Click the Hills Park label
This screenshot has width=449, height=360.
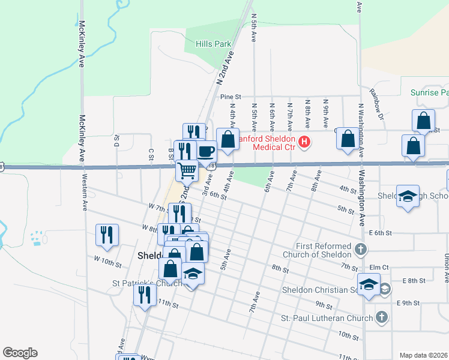214,44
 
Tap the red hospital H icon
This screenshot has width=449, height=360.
305,142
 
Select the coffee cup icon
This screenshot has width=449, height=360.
206,151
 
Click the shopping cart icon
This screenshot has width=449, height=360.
187,170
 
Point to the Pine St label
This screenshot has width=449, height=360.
230,96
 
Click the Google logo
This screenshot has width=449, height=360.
20,353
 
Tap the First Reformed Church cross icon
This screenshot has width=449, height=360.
360,248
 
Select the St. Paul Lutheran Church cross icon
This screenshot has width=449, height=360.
381,317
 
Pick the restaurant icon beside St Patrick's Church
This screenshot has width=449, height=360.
145,295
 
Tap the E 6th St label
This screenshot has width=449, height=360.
381,233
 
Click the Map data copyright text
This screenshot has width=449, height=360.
423,355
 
